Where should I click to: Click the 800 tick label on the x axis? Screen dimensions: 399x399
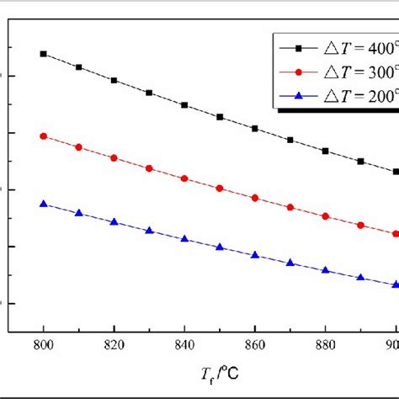[43, 345]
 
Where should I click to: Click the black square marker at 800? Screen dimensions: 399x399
[44, 54]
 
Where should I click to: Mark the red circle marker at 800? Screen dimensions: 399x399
[44, 136]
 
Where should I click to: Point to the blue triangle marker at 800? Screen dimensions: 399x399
[44, 204]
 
